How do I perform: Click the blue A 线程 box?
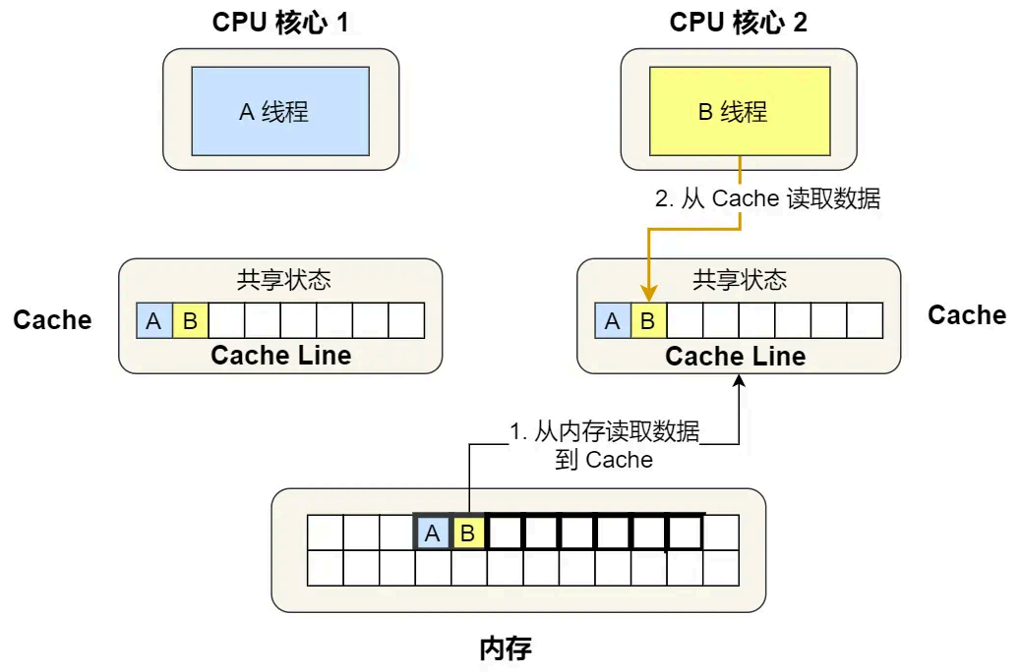(280, 110)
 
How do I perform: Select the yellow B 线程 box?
(739, 110)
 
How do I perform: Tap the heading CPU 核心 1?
(280, 23)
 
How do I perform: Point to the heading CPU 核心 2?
(739, 23)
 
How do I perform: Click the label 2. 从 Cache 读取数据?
(767, 197)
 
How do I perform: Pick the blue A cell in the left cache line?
(153, 320)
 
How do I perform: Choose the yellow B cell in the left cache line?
(190, 320)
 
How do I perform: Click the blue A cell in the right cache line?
(613, 320)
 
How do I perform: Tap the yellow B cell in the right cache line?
(649, 320)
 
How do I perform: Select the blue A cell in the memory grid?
(431, 532)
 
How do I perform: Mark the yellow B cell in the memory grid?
(468, 532)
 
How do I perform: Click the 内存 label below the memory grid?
(506, 647)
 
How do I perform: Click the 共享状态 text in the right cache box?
(740, 279)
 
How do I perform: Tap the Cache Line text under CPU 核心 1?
(281, 355)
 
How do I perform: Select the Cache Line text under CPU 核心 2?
(736, 355)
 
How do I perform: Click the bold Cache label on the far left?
(52, 319)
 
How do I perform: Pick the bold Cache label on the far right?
(967, 314)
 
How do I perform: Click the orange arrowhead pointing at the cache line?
(648, 294)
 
